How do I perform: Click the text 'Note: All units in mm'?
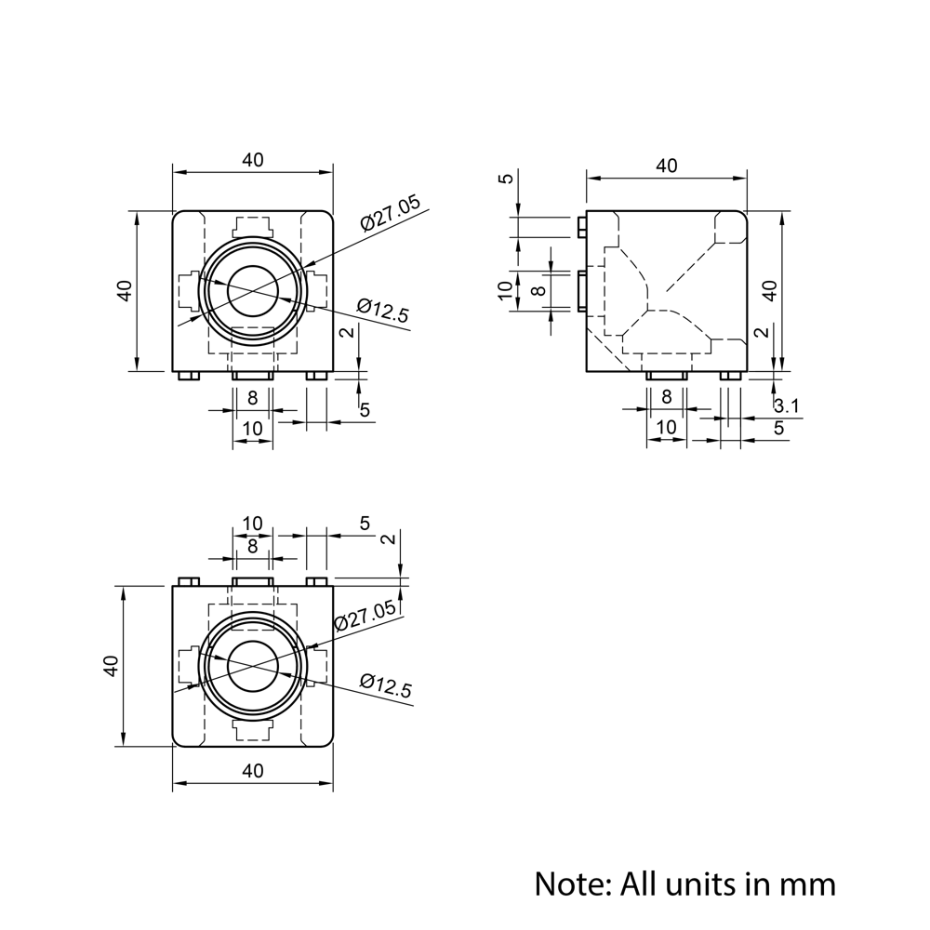(684, 883)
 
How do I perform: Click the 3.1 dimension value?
(786, 405)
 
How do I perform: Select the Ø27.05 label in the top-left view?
(391, 213)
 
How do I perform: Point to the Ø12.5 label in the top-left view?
(382, 312)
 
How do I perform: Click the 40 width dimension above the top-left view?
(253, 160)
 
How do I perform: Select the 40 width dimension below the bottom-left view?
(253, 770)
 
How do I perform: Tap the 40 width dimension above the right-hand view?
(666, 166)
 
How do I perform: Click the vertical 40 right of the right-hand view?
(769, 290)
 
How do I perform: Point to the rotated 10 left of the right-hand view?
(505, 290)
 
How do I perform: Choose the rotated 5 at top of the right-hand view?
(505, 179)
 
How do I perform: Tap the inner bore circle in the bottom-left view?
(253, 666)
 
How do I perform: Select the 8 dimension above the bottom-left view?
(253, 546)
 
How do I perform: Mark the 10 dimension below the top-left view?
(253, 429)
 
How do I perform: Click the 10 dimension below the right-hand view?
(666, 426)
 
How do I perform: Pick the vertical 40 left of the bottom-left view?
(111, 666)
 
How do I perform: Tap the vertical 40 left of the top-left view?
(125, 290)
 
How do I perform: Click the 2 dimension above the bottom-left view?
(388, 539)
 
